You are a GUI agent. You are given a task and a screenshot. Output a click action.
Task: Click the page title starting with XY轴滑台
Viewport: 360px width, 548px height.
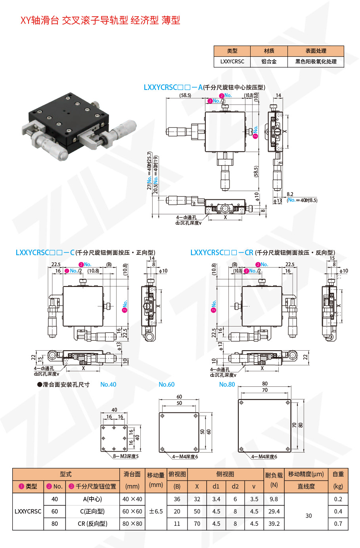(100, 20)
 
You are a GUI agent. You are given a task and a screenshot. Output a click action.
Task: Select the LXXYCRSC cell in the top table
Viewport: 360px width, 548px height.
(232, 62)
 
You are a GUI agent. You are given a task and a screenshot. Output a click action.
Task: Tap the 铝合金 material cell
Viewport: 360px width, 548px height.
(269, 62)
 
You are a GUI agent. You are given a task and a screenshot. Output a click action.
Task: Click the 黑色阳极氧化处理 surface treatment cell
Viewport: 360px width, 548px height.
(316, 62)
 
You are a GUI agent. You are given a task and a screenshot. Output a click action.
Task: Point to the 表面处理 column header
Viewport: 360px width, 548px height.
(316, 51)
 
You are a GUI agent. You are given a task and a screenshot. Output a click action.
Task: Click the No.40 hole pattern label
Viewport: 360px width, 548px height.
(108, 384)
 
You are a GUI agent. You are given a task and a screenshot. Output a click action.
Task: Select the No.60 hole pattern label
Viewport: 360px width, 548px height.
(167, 384)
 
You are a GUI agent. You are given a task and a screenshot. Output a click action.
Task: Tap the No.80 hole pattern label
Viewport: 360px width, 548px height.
(227, 384)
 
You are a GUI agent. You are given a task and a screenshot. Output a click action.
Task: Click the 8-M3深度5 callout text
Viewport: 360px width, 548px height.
(126, 456)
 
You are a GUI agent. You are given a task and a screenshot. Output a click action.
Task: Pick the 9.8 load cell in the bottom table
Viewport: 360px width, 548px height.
(274, 499)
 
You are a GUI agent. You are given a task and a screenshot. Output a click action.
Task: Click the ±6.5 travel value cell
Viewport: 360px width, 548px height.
(156, 511)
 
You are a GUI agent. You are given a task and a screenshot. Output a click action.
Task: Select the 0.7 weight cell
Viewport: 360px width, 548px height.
(338, 523)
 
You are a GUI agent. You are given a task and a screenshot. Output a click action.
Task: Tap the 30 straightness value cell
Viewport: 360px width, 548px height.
(308, 516)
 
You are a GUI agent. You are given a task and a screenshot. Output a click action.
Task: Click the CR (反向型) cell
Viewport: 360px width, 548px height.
(92, 523)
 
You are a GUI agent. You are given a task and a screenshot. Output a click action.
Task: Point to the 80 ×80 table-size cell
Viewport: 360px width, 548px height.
(132, 523)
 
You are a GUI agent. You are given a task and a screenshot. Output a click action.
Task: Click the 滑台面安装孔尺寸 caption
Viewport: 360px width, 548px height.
(63, 384)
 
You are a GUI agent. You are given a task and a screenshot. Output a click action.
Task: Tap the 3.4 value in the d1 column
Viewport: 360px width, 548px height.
(216, 499)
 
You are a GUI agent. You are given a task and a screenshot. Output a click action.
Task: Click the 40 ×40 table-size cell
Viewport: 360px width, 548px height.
(132, 499)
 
